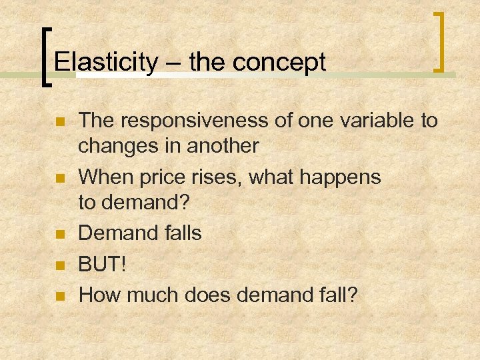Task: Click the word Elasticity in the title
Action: (105, 63)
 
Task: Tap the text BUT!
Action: (103, 264)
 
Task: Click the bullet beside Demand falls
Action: (59, 234)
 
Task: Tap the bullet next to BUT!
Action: (59, 265)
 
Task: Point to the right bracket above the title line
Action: (439, 41)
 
